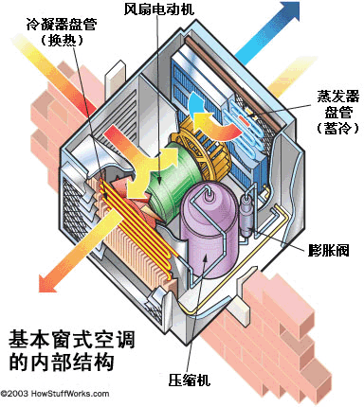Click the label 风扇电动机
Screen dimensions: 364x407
[159, 9]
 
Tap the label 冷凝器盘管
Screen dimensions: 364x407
[62, 25]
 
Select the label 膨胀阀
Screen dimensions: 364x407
[329, 251]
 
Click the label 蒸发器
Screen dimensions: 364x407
[338, 97]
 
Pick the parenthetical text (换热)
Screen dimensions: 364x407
[62, 41]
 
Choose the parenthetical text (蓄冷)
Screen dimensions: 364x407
[337, 129]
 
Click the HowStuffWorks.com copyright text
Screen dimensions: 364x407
[55, 394]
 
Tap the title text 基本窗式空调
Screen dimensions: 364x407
[72, 340]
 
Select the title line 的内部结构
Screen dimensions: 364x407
[62, 362]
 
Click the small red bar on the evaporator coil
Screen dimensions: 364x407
[245, 119]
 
